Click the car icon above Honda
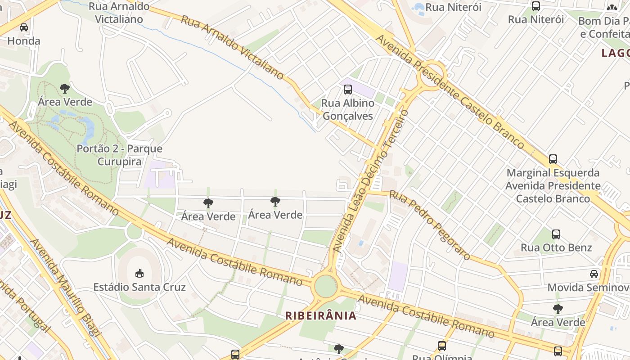24,27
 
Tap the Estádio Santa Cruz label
139,287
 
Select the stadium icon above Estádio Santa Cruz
139,273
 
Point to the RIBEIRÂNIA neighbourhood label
321,315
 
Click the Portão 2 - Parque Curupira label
120,155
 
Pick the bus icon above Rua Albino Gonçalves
348,89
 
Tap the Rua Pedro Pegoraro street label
430,225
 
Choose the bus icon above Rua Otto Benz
556,234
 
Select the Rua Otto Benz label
556,247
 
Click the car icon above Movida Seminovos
594,274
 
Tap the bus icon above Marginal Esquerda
553,159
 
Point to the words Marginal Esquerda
553,173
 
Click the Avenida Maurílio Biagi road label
65,287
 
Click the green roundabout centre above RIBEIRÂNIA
325,286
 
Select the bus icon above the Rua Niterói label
536,6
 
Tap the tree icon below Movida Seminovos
558,309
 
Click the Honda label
24,41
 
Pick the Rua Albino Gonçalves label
347,109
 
